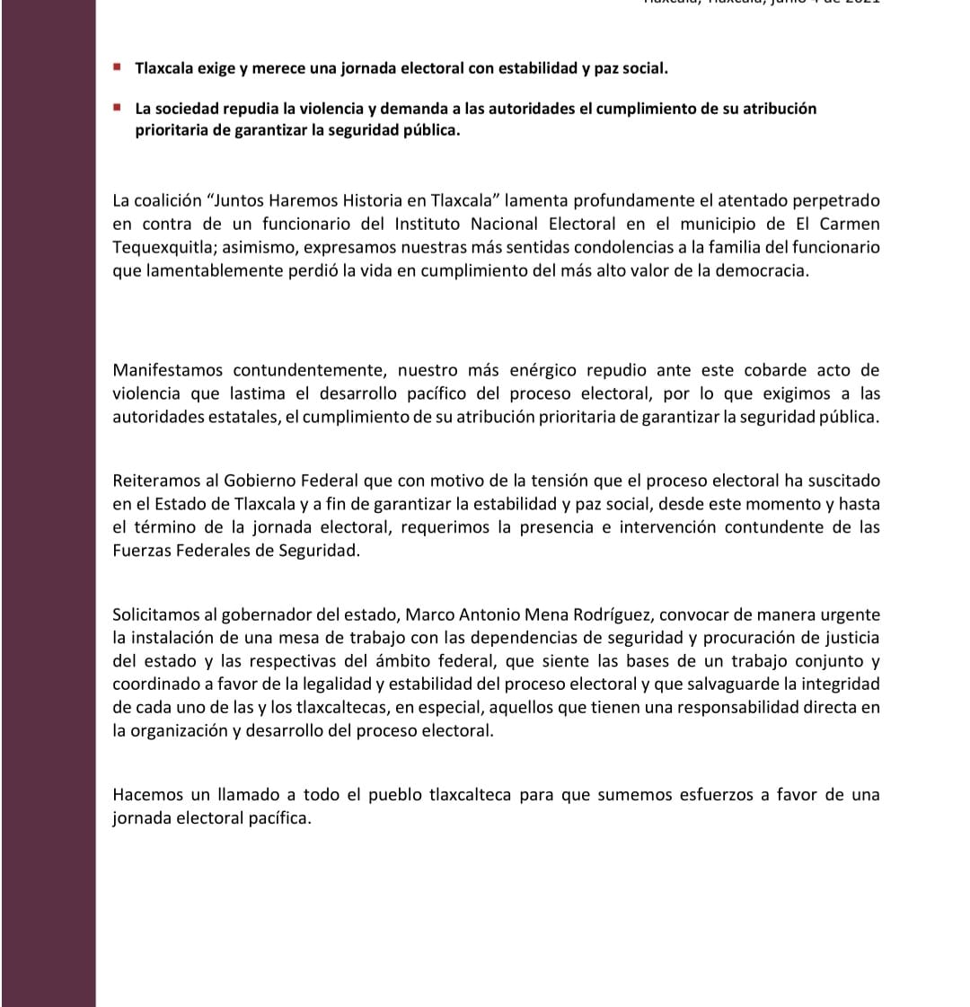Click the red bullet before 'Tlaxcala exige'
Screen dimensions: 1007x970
coord(117,66)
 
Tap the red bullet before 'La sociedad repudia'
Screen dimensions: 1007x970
coord(117,107)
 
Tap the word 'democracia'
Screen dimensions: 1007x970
coord(763,270)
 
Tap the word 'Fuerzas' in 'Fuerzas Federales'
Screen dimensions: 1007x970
coord(142,551)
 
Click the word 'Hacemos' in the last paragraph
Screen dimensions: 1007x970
coord(144,795)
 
